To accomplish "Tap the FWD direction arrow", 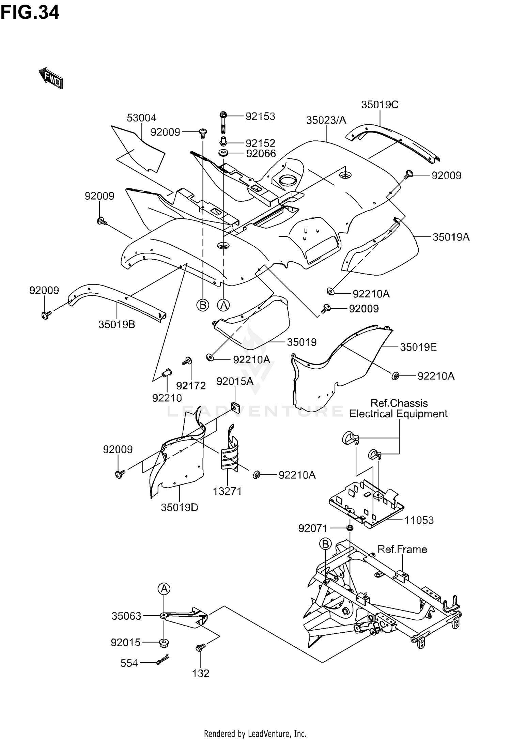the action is coord(51,78).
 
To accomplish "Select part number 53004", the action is coord(141,118).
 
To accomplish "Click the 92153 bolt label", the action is coord(260,117).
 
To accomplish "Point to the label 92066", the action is coord(261,154).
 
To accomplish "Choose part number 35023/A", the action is coord(326,120).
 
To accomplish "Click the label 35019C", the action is coord(380,105).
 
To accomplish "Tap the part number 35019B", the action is coord(117,324).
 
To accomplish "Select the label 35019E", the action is coord(418,347).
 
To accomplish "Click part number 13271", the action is coord(227,491).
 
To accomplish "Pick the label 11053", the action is coord(419,520).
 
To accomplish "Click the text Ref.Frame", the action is coord(402,549).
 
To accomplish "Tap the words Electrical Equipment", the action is coord(399,414).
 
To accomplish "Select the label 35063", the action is coord(126,616).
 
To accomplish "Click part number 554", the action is coord(129,663).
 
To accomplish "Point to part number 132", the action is coord(200,674).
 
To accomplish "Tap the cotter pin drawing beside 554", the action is coord(163,660).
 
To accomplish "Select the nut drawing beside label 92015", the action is coord(164,643).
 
